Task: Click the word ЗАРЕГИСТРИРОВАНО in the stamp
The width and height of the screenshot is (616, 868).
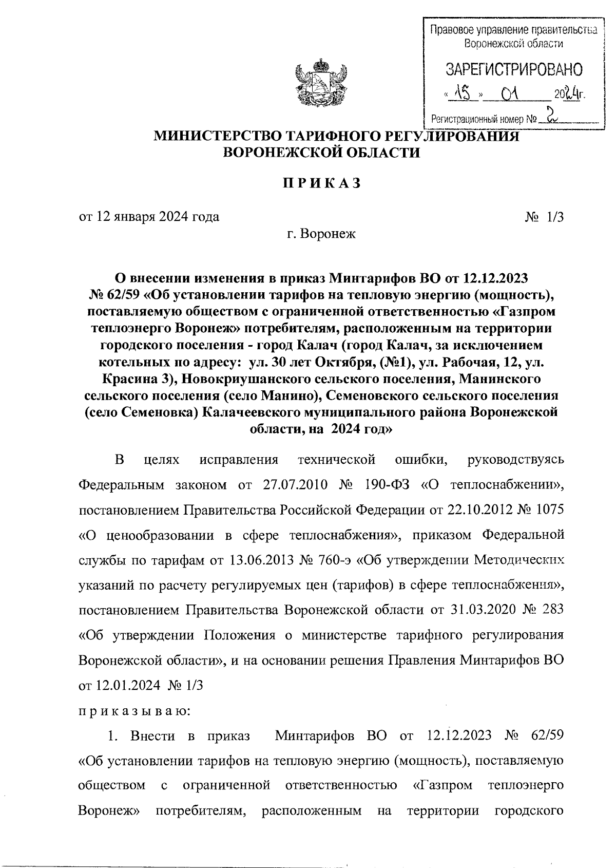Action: (x=514, y=69)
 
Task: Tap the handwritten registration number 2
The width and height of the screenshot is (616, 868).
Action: (x=551, y=115)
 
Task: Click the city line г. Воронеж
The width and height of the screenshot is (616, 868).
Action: (x=321, y=234)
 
